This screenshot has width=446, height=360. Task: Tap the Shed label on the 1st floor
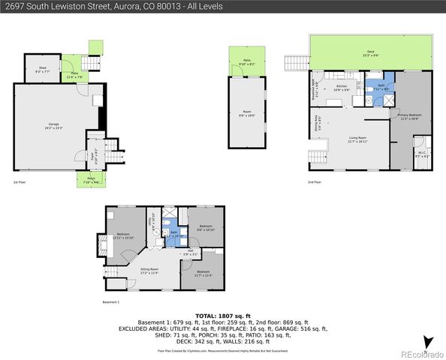42,70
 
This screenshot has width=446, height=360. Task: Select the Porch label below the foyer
91,181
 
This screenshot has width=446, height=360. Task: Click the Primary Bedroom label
408,117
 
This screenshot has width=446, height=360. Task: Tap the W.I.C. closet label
422,154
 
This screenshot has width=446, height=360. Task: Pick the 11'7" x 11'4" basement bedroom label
203,274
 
